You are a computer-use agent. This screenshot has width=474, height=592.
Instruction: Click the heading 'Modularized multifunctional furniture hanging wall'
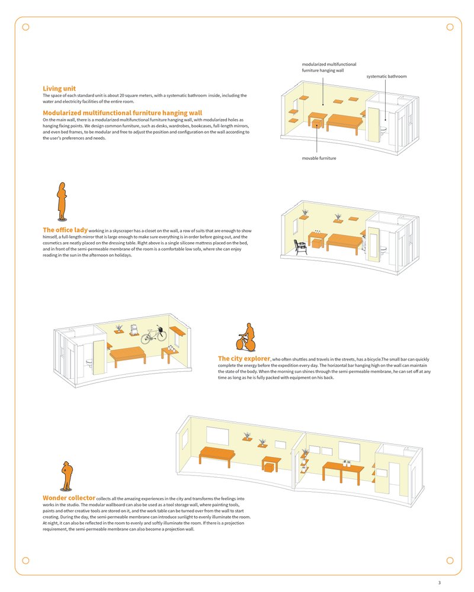pyautogui.click(x=122, y=112)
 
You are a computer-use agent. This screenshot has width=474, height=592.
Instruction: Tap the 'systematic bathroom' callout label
pyautogui.click(x=386, y=76)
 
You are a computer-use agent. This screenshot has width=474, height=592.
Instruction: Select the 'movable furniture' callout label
pyautogui.click(x=319, y=158)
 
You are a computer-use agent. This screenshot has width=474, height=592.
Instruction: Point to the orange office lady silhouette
pyautogui.click(x=60, y=201)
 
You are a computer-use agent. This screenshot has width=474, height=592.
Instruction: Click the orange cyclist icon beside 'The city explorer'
pyautogui.click(x=246, y=337)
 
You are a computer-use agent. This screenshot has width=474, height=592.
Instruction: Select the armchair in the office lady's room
pyautogui.click(x=302, y=244)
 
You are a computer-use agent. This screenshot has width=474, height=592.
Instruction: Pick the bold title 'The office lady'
pyautogui.click(x=65, y=230)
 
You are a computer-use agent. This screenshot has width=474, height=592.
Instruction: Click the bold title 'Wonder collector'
pyautogui.click(x=69, y=498)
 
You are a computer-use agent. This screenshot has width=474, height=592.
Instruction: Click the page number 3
pyautogui.click(x=439, y=583)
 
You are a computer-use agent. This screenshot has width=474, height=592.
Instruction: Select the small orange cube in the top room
pyautogui.click(x=318, y=124)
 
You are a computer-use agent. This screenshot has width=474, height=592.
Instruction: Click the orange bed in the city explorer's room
pyautogui.click(x=128, y=355)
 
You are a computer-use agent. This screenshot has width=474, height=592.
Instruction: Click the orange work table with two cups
pyautogui.click(x=342, y=470)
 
